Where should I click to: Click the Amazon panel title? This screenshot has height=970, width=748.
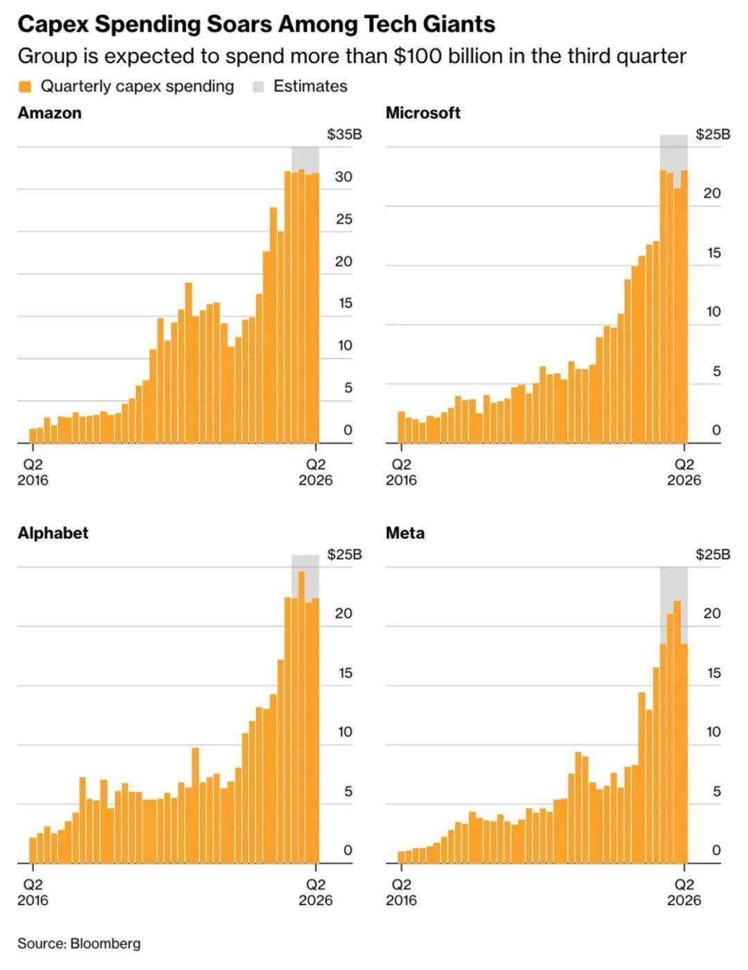(x=49, y=113)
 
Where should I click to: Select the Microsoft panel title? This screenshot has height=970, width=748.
(x=422, y=113)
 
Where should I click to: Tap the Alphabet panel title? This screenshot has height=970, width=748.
(x=53, y=533)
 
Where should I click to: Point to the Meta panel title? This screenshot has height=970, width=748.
(x=405, y=533)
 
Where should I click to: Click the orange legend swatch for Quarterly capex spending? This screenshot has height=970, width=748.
(x=25, y=87)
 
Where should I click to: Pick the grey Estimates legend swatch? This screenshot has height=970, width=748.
(x=258, y=87)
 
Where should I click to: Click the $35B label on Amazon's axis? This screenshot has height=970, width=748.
(x=344, y=134)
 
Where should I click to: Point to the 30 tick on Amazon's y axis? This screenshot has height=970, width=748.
(x=344, y=177)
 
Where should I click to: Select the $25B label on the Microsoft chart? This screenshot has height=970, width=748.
(x=713, y=134)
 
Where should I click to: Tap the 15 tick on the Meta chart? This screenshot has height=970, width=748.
(x=713, y=673)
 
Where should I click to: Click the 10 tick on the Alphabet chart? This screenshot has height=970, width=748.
(x=344, y=732)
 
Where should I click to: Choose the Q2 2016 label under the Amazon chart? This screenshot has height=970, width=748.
(x=33, y=472)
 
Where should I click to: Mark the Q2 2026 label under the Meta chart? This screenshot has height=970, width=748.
(x=684, y=892)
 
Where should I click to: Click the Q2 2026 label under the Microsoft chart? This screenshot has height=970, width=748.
(x=684, y=472)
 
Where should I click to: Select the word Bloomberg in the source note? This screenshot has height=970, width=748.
(x=105, y=943)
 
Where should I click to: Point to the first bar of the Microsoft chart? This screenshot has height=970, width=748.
(x=401, y=427)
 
